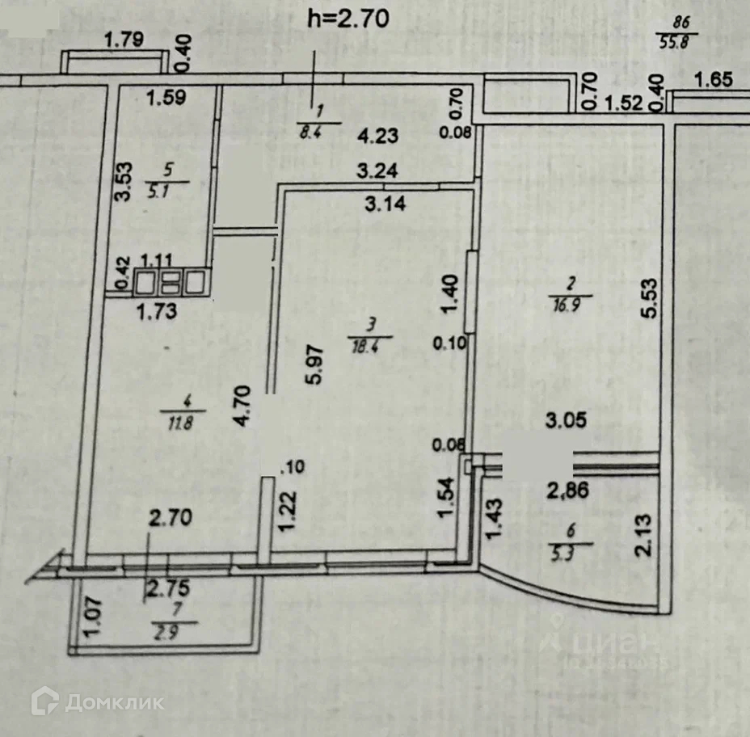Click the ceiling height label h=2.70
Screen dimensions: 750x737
[x=350, y=19]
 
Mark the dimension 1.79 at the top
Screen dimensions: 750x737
[x=125, y=39]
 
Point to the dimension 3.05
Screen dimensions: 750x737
[x=565, y=421]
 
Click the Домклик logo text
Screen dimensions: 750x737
[x=114, y=701]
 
